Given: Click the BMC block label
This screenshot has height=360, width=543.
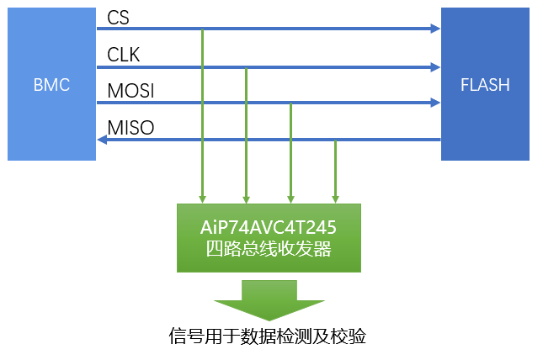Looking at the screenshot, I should pyautogui.click(x=51, y=85).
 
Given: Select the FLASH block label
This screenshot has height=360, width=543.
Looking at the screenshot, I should pyautogui.click(x=485, y=85).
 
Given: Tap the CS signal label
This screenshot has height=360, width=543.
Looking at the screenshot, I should pyautogui.click(x=118, y=17).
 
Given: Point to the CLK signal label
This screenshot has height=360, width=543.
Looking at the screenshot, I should pyautogui.click(x=123, y=55).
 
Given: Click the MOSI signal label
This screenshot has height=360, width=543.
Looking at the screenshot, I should pyautogui.click(x=130, y=90).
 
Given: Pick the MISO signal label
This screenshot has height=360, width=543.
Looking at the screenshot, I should pyautogui.click(x=130, y=128).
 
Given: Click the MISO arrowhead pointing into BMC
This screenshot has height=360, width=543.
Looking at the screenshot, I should pyautogui.click(x=102, y=140).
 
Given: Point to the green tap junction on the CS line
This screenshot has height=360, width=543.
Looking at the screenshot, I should pyautogui.click(x=203, y=29).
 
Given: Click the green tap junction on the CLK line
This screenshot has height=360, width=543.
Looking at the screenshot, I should pyautogui.click(x=246, y=66).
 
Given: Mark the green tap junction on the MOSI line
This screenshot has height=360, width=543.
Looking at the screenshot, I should pyautogui.click(x=290, y=103).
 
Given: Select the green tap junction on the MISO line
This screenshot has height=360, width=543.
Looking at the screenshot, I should pyautogui.click(x=335, y=140).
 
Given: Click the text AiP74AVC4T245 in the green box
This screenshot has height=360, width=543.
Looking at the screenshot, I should pyautogui.click(x=268, y=228).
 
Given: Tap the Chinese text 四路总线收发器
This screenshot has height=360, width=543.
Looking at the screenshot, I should pyautogui.click(x=268, y=250).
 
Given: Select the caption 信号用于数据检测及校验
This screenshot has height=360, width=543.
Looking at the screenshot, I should pyautogui.click(x=268, y=337).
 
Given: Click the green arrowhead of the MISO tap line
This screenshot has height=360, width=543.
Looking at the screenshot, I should pyautogui.click(x=335, y=199).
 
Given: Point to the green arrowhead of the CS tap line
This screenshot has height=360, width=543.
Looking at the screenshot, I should pyautogui.click(x=203, y=199).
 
